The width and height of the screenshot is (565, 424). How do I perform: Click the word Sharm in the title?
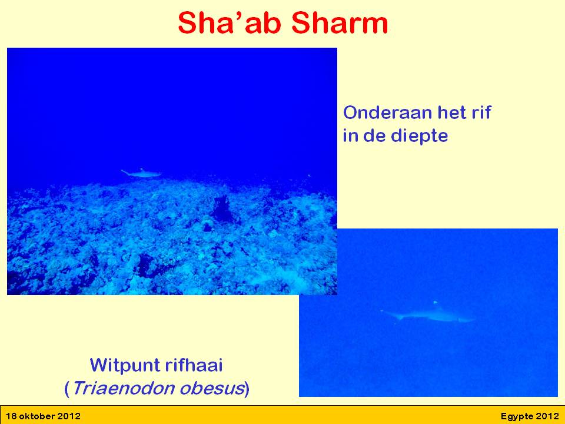click(340, 23)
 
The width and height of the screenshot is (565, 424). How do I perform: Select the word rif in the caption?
click(481, 112)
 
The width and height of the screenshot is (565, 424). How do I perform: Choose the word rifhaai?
click(194, 365)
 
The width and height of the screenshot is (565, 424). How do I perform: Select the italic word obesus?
click(212, 388)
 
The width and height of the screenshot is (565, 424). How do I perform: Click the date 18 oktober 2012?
click(43, 416)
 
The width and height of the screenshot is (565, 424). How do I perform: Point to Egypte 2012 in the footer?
click(530, 416)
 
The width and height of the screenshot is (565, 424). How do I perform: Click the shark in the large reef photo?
click(141, 173)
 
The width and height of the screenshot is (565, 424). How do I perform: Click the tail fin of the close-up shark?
click(389, 314)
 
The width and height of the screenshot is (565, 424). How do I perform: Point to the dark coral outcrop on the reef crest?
click(221, 208)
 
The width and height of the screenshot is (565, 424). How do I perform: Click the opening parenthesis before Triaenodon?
click(67, 389)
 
